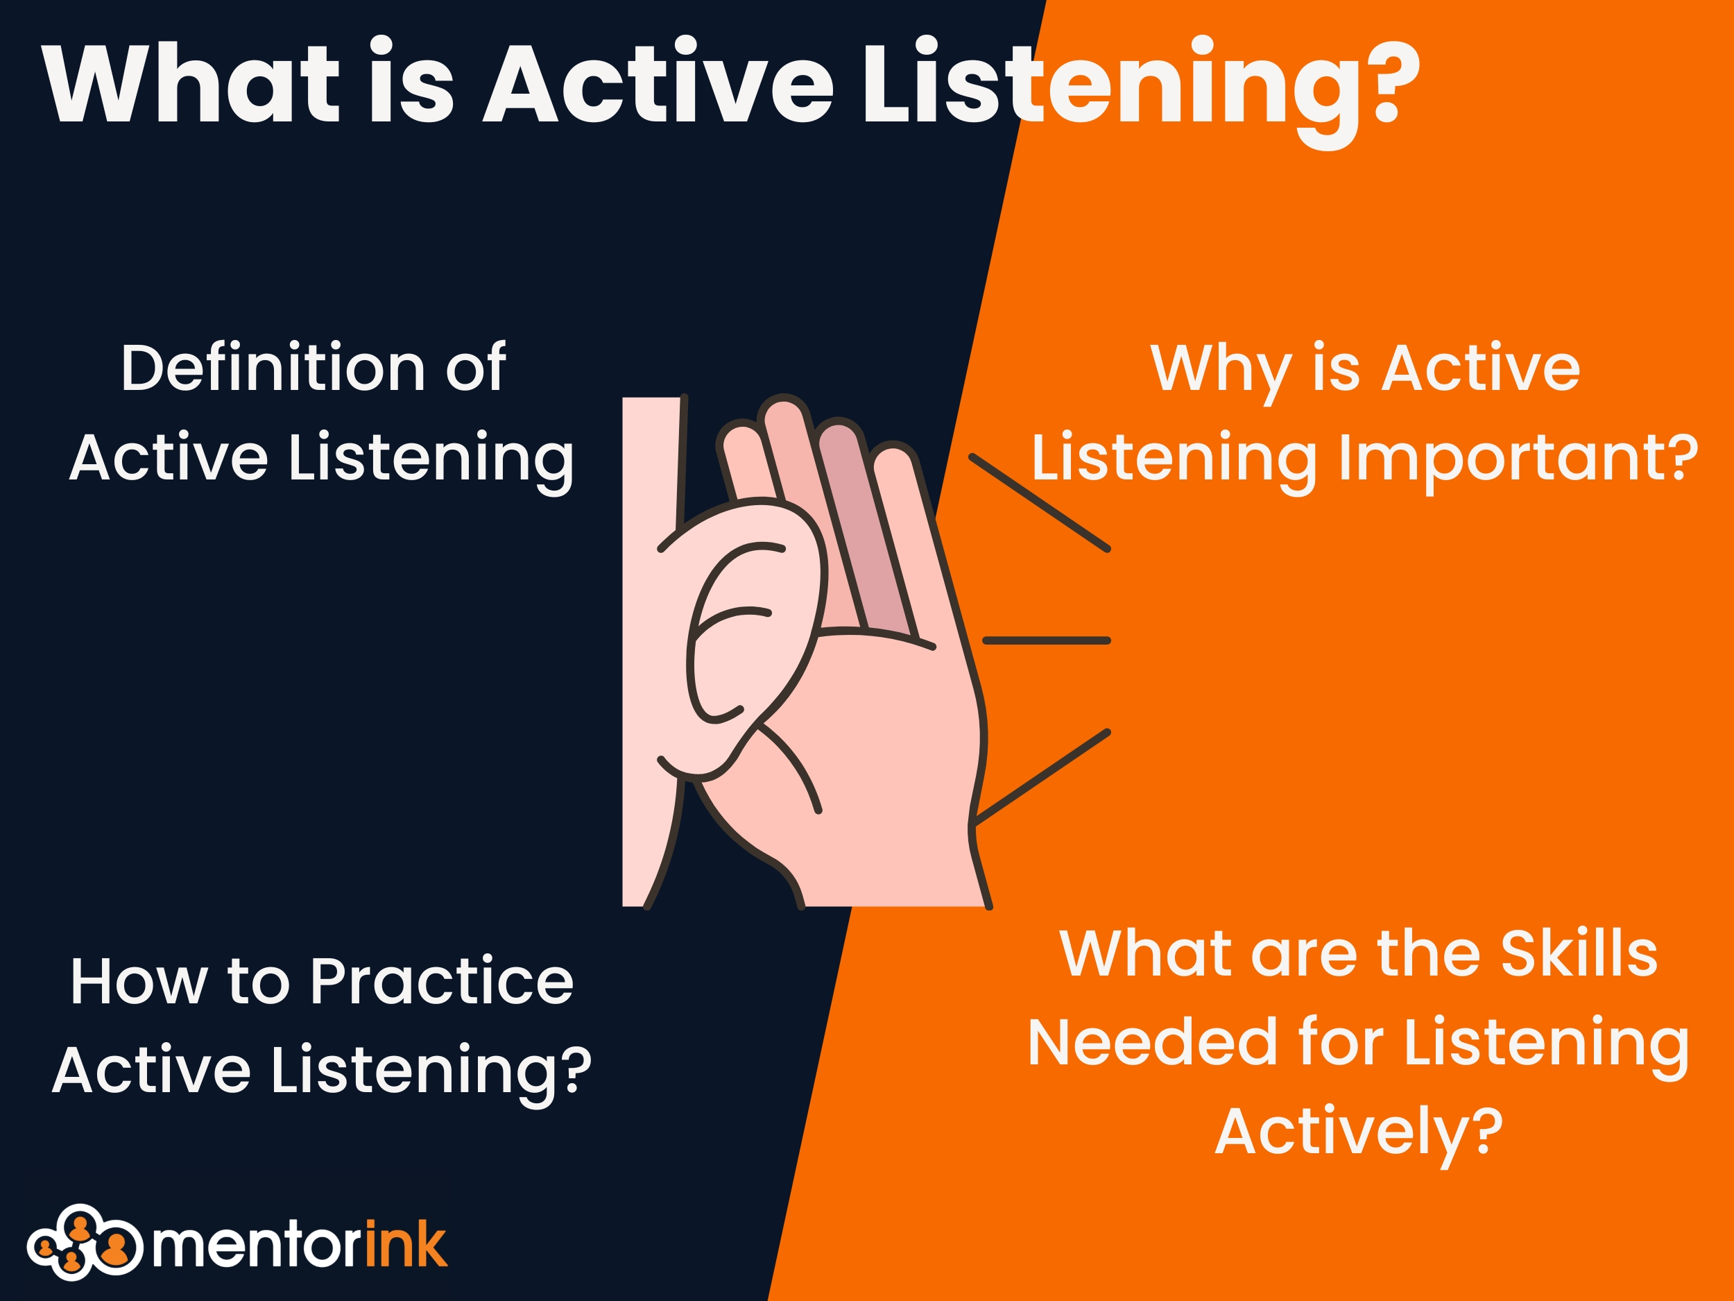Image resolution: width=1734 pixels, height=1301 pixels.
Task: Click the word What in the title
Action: pos(191,83)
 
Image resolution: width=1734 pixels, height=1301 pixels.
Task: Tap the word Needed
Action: pos(1152,1042)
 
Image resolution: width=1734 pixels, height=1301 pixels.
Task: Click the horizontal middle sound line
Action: pos(1047,640)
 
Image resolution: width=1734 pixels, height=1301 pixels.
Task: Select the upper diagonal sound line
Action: pos(1040,502)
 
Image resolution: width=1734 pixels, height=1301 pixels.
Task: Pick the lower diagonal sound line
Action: pos(1041,777)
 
